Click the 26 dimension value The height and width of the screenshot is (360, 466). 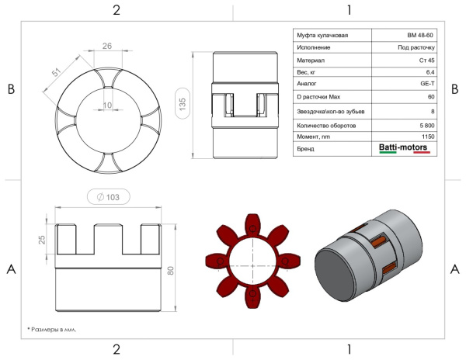107,46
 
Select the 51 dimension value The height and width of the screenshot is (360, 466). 56,72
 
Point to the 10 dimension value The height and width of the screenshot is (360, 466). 107,105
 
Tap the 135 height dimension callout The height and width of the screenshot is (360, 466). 183,103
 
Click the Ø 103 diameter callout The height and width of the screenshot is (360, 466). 109,197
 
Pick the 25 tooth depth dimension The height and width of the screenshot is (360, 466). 42,240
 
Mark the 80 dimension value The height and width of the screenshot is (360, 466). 171,271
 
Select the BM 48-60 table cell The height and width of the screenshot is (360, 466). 420,36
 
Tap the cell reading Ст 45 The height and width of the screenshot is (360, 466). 426,61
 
